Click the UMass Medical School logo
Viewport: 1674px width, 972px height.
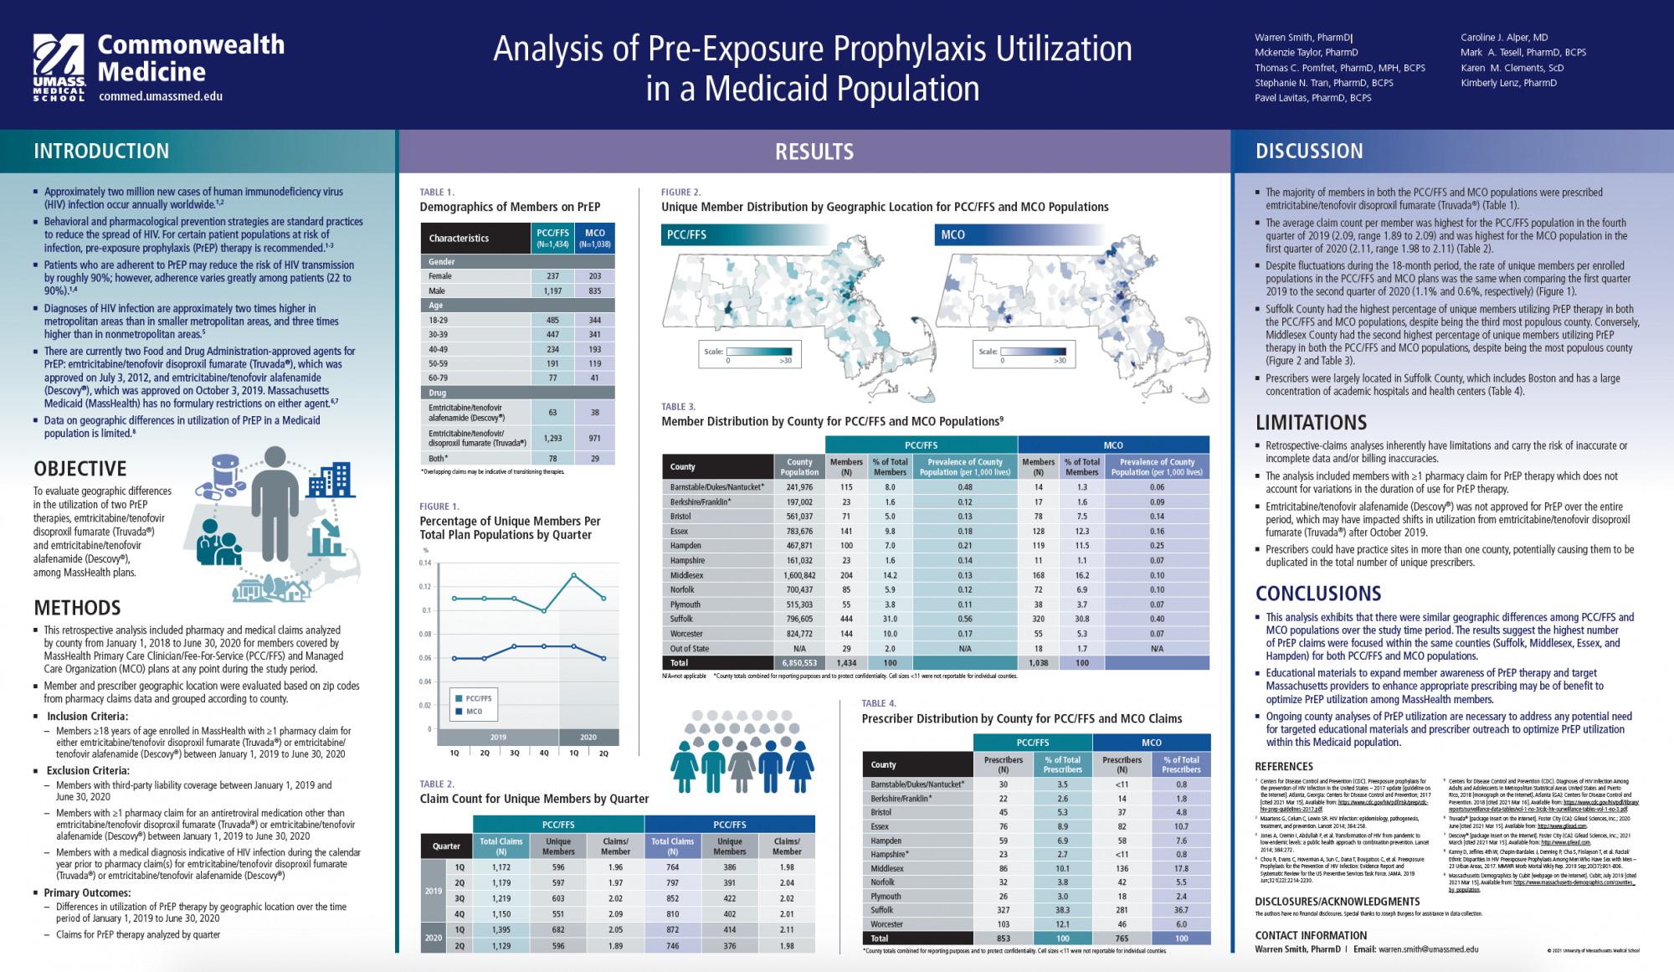click(59, 67)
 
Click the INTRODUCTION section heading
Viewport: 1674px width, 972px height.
click(101, 152)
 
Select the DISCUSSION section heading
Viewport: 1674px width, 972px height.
click(1309, 152)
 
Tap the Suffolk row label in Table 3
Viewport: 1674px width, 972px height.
click(681, 620)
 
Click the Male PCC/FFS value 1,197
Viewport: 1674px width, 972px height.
click(552, 291)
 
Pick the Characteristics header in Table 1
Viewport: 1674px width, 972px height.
click(459, 239)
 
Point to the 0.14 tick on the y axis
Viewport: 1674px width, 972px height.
click(425, 563)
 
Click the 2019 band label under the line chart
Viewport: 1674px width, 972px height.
click(498, 738)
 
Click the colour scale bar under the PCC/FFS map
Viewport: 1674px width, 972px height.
click(759, 352)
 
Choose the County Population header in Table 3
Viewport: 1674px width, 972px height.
click(799, 467)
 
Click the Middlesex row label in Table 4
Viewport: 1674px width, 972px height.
click(887, 868)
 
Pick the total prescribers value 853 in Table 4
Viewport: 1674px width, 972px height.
click(1003, 939)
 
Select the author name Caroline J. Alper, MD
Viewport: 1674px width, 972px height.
click(1504, 38)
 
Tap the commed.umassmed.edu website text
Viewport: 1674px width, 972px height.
click(161, 96)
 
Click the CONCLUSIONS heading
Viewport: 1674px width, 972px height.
click(1318, 594)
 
